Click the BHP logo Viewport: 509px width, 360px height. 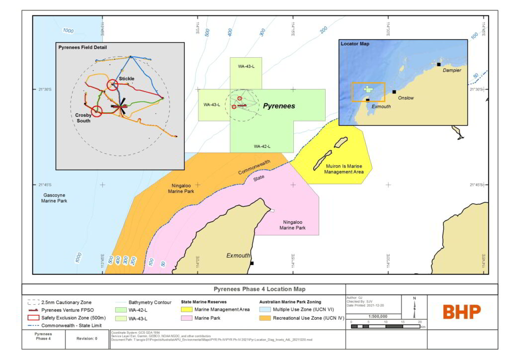[x=462, y=312]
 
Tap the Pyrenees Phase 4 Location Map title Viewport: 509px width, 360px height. [x=260, y=289]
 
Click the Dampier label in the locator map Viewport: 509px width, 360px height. [x=452, y=71]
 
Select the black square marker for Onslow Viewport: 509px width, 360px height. [x=394, y=91]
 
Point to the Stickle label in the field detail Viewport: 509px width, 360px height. [x=126, y=79]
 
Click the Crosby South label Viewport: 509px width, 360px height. [x=83, y=118]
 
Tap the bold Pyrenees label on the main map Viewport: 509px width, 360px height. [x=279, y=106]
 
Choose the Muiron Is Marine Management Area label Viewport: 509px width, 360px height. [x=344, y=169]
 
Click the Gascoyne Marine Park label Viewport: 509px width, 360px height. [x=54, y=198]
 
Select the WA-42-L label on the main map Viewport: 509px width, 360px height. [x=262, y=146]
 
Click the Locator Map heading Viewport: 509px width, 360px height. [x=355, y=44]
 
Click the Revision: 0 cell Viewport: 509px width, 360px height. [x=86, y=338]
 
